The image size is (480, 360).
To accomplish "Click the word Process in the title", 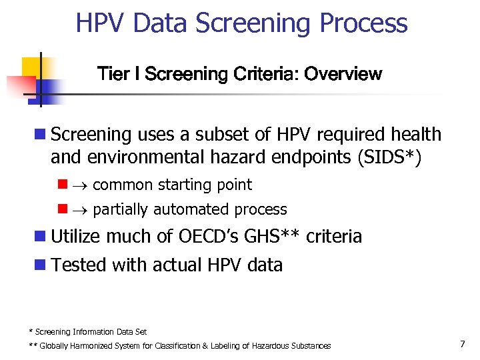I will [364, 23].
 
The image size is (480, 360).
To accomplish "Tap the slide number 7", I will [462, 344].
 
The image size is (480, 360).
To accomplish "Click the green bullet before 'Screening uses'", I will [41, 135].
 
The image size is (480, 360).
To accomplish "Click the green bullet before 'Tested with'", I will [41, 265].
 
